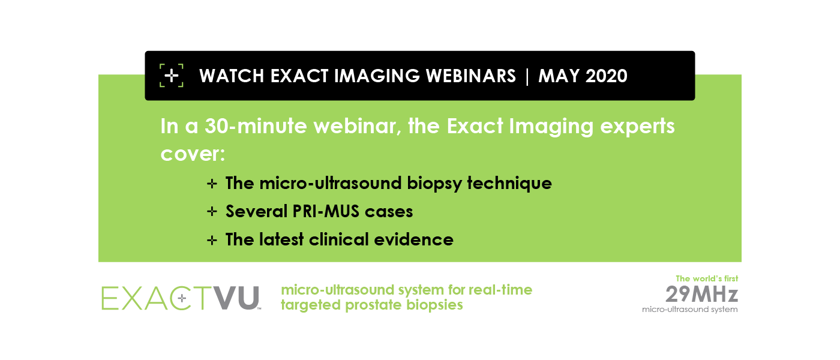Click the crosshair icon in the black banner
click(172, 76)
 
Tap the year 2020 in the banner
click(605, 76)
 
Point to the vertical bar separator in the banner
click(527, 76)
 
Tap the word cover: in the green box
click(193, 154)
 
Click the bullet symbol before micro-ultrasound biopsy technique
click(211, 184)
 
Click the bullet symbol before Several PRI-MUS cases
click(211, 212)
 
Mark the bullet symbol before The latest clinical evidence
click(211, 240)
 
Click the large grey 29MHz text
click(701, 294)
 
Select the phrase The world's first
click(707, 278)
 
